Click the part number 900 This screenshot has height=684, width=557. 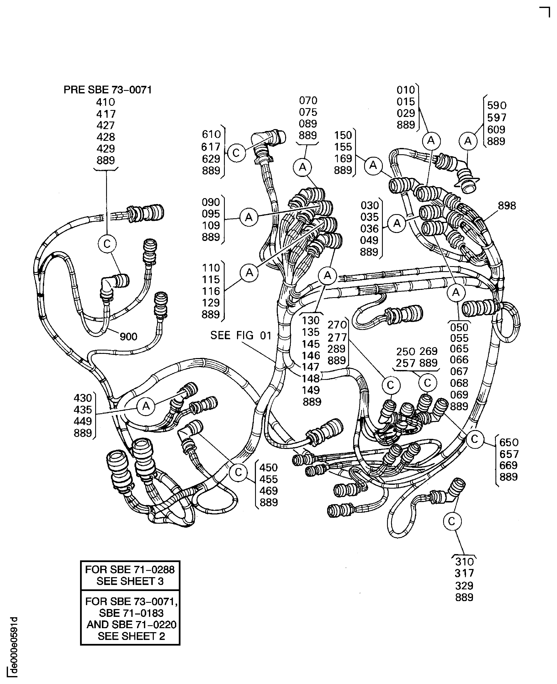tap(128, 337)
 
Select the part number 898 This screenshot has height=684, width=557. tap(507, 205)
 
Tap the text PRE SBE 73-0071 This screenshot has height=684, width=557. tap(108, 90)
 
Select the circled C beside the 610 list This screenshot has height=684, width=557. tap(236, 153)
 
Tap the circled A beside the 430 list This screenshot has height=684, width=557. tap(146, 406)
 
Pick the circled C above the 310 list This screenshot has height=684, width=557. tap(452, 522)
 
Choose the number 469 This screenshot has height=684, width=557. tap(269, 491)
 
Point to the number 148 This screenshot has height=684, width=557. tap(311, 379)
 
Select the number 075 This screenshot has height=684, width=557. tap(308, 112)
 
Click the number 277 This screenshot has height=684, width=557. tap(337, 337)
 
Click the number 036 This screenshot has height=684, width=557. tap(370, 229)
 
